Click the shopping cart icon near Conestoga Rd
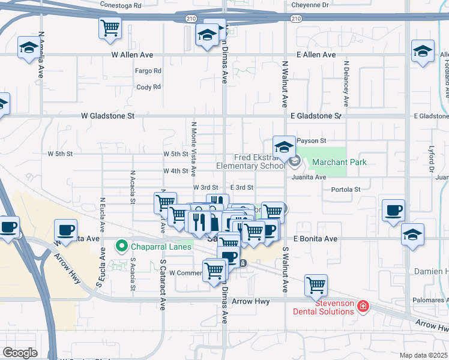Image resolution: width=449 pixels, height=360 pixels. point(110,28)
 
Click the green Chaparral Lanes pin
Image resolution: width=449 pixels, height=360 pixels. point(121,246)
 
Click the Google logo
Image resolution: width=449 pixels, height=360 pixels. point(20,352)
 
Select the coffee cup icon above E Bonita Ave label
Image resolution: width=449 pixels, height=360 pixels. point(394,211)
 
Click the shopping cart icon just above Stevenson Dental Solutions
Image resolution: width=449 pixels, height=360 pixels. point(316,286)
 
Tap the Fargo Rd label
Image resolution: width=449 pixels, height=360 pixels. point(149,71)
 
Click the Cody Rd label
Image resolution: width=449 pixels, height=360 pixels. point(149,87)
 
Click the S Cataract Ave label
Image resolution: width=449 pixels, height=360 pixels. point(163,284)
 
